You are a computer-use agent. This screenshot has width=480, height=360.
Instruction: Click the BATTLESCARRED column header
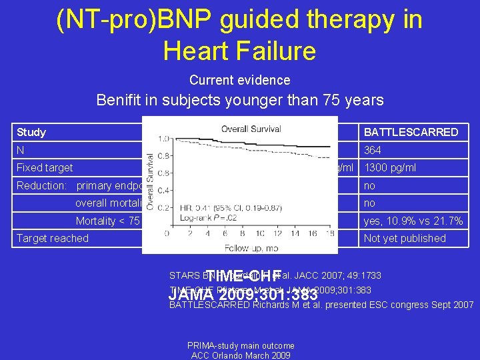410,132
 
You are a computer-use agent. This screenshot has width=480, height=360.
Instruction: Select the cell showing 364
373,151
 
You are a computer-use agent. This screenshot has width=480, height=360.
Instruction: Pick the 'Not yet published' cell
405,238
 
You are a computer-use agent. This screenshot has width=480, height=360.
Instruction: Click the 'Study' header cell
31,132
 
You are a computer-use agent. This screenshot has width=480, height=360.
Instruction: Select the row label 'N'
21,151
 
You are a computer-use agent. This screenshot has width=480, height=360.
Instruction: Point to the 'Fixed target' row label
45,168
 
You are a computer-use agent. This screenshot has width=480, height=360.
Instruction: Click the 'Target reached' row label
53,238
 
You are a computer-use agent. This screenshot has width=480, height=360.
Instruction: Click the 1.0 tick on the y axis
162,139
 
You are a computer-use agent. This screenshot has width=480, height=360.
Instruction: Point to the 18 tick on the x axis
329,234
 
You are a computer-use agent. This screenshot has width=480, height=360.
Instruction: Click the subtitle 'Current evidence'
239,80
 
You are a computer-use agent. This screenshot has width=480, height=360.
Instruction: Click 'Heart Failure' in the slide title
239,50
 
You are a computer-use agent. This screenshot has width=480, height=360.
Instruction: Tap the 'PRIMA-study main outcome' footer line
241,345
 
